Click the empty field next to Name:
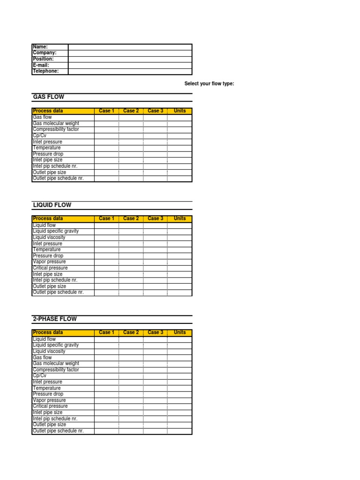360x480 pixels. click(130, 47)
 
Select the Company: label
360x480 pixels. click(45, 53)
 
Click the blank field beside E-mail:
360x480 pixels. click(130, 65)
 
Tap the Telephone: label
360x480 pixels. click(46, 71)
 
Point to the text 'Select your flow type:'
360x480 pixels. click(209, 83)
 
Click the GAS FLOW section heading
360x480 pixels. click(48, 97)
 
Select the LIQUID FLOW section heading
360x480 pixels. click(52, 205)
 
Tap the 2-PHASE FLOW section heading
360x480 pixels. click(55, 319)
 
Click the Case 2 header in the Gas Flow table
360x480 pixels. click(131, 111)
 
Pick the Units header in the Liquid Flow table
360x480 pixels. click(180, 218)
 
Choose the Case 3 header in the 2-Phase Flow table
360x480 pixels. click(155, 332)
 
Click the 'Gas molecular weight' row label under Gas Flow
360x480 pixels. click(56, 123)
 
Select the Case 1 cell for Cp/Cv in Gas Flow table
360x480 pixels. click(106, 135)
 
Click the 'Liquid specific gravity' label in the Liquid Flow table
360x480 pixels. click(56, 231)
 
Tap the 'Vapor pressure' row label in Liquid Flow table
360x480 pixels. click(49, 262)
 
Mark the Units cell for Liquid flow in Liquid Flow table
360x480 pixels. click(180, 225)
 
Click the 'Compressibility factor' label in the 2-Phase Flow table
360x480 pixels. click(56, 369)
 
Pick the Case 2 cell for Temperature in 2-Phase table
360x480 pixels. click(131, 388)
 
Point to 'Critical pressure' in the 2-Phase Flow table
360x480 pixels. click(50, 406)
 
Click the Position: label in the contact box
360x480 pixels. click(43, 59)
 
